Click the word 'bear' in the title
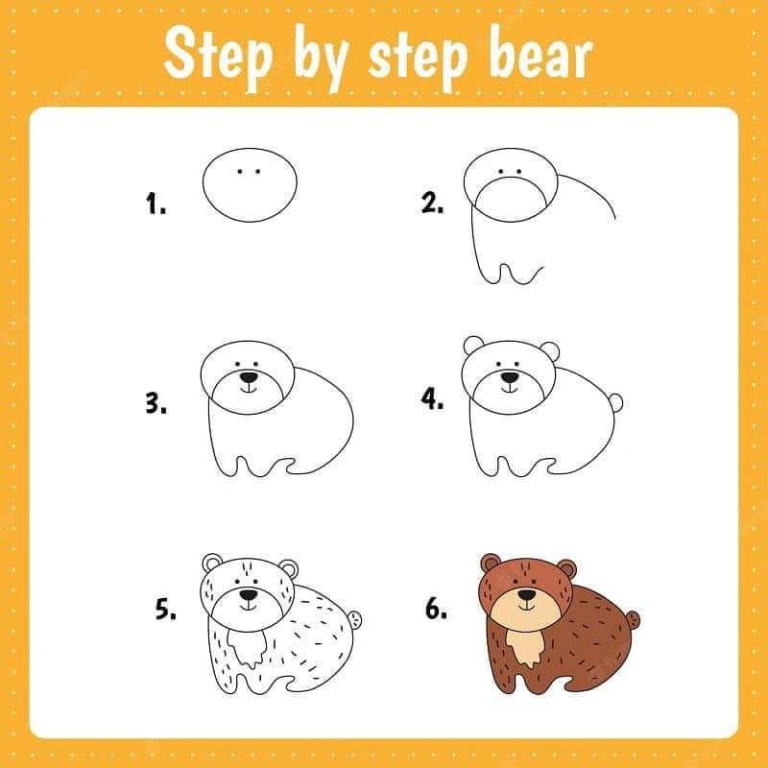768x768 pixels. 540,55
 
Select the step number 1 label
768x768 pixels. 156,204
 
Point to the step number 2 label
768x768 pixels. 433,203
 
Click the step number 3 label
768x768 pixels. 156,403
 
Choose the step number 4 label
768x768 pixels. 433,398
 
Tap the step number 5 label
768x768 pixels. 165,609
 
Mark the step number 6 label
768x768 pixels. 436,609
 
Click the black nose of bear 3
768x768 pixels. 250,377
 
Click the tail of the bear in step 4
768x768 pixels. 616,403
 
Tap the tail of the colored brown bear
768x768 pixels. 633,620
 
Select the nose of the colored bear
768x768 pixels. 527,594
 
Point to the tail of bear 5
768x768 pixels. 355,620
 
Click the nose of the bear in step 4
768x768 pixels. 510,377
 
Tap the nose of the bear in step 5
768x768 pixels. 249,594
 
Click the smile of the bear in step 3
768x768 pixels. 249,389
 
